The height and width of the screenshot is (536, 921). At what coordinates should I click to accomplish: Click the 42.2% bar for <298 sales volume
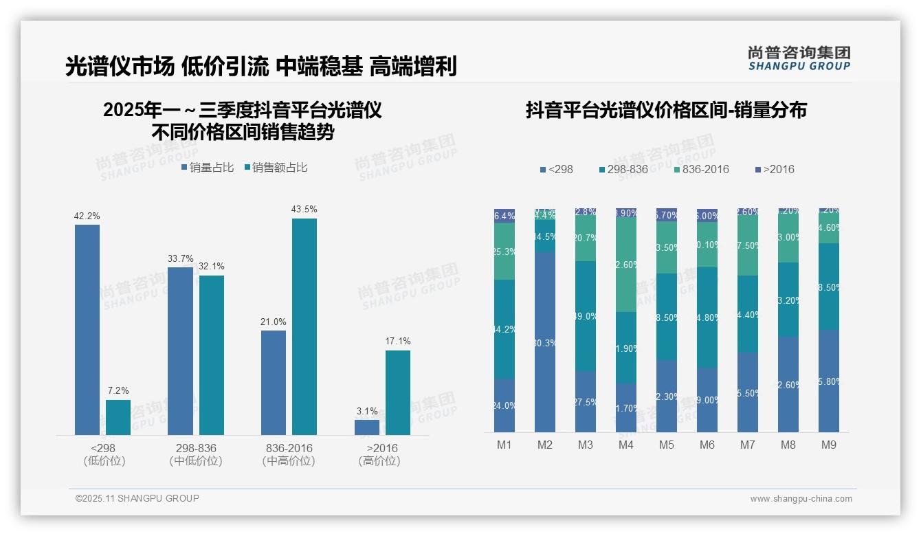[87, 330]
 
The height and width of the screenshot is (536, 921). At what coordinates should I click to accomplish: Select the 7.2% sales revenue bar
[118, 417]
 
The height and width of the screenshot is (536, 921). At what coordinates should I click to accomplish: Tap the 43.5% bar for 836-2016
[304, 326]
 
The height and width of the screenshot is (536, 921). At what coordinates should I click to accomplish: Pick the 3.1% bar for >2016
[367, 427]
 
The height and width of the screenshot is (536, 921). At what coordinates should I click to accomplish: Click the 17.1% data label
[398, 341]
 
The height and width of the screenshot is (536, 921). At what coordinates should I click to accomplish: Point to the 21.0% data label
[274, 322]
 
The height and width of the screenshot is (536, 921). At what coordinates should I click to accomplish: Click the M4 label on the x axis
[625, 445]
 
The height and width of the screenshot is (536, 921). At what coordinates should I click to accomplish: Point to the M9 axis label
[829, 445]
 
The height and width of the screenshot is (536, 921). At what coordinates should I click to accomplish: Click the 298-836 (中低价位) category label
[196, 454]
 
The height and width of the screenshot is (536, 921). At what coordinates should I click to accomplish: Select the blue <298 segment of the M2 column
[545, 342]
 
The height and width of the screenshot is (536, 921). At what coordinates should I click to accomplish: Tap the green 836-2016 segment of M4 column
[626, 264]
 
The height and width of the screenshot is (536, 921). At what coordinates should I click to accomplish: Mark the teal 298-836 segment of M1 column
[504, 329]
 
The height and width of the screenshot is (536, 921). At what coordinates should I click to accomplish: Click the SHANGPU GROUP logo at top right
[799, 58]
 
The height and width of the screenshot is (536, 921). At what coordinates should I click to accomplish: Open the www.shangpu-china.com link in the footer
[801, 499]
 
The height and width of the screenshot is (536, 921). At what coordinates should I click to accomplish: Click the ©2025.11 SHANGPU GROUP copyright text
[137, 498]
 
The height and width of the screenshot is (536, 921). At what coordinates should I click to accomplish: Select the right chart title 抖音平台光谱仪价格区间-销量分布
[666, 110]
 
